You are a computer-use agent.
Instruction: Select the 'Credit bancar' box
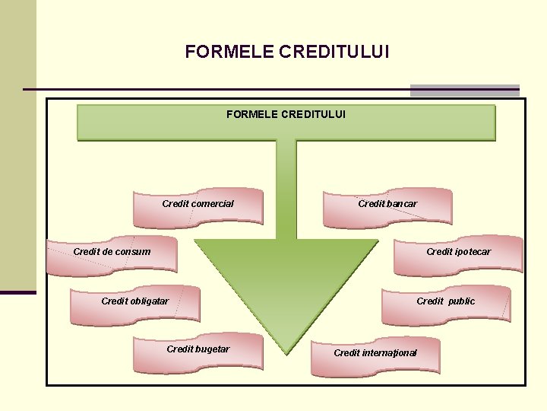(x=387, y=208)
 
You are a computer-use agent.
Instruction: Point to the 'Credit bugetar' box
(x=198, y=352)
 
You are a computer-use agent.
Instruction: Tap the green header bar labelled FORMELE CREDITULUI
(x=286, y=123)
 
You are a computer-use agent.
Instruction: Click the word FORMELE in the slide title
(x=229, y=52)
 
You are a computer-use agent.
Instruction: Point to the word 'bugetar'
(x=212, y=349)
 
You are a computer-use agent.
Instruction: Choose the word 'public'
(x=461, y=301)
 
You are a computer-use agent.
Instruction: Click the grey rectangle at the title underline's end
(x=464, y=91)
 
